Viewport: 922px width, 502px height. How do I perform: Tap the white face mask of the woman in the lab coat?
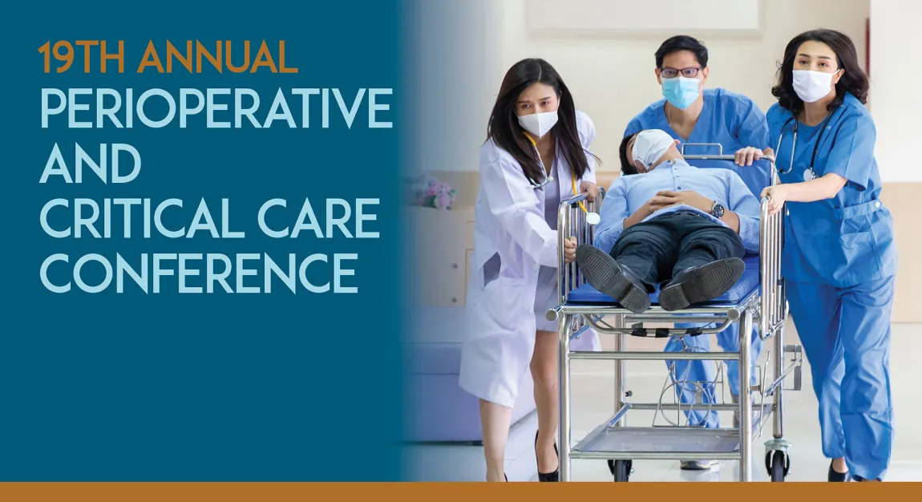point(538,123)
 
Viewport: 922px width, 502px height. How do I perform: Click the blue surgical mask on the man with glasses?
point(681,92)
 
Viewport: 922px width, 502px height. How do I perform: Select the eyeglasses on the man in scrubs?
point(680,72)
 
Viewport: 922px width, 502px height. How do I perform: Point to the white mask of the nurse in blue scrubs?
point(812,85)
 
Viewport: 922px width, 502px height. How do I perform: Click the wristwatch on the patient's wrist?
point(718,209)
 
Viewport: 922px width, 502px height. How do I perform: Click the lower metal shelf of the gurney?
point(657,441)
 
